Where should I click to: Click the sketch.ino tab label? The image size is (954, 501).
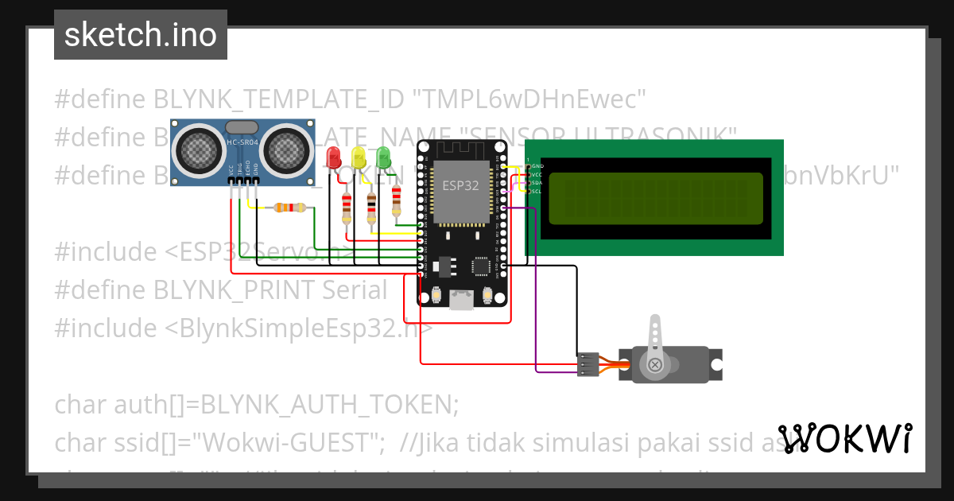[140, 35]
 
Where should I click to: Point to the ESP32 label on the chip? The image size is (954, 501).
[455, 184]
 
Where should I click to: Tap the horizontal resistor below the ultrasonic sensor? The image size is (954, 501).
[289, 208]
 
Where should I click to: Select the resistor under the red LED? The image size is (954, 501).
[346, 208]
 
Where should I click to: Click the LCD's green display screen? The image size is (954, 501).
[657, 198]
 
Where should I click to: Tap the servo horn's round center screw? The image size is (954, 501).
[655, 365]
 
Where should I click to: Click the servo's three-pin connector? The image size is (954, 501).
[588, 363]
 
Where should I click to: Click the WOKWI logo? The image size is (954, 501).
[844, 438]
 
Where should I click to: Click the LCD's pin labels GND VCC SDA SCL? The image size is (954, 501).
[537, 178]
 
